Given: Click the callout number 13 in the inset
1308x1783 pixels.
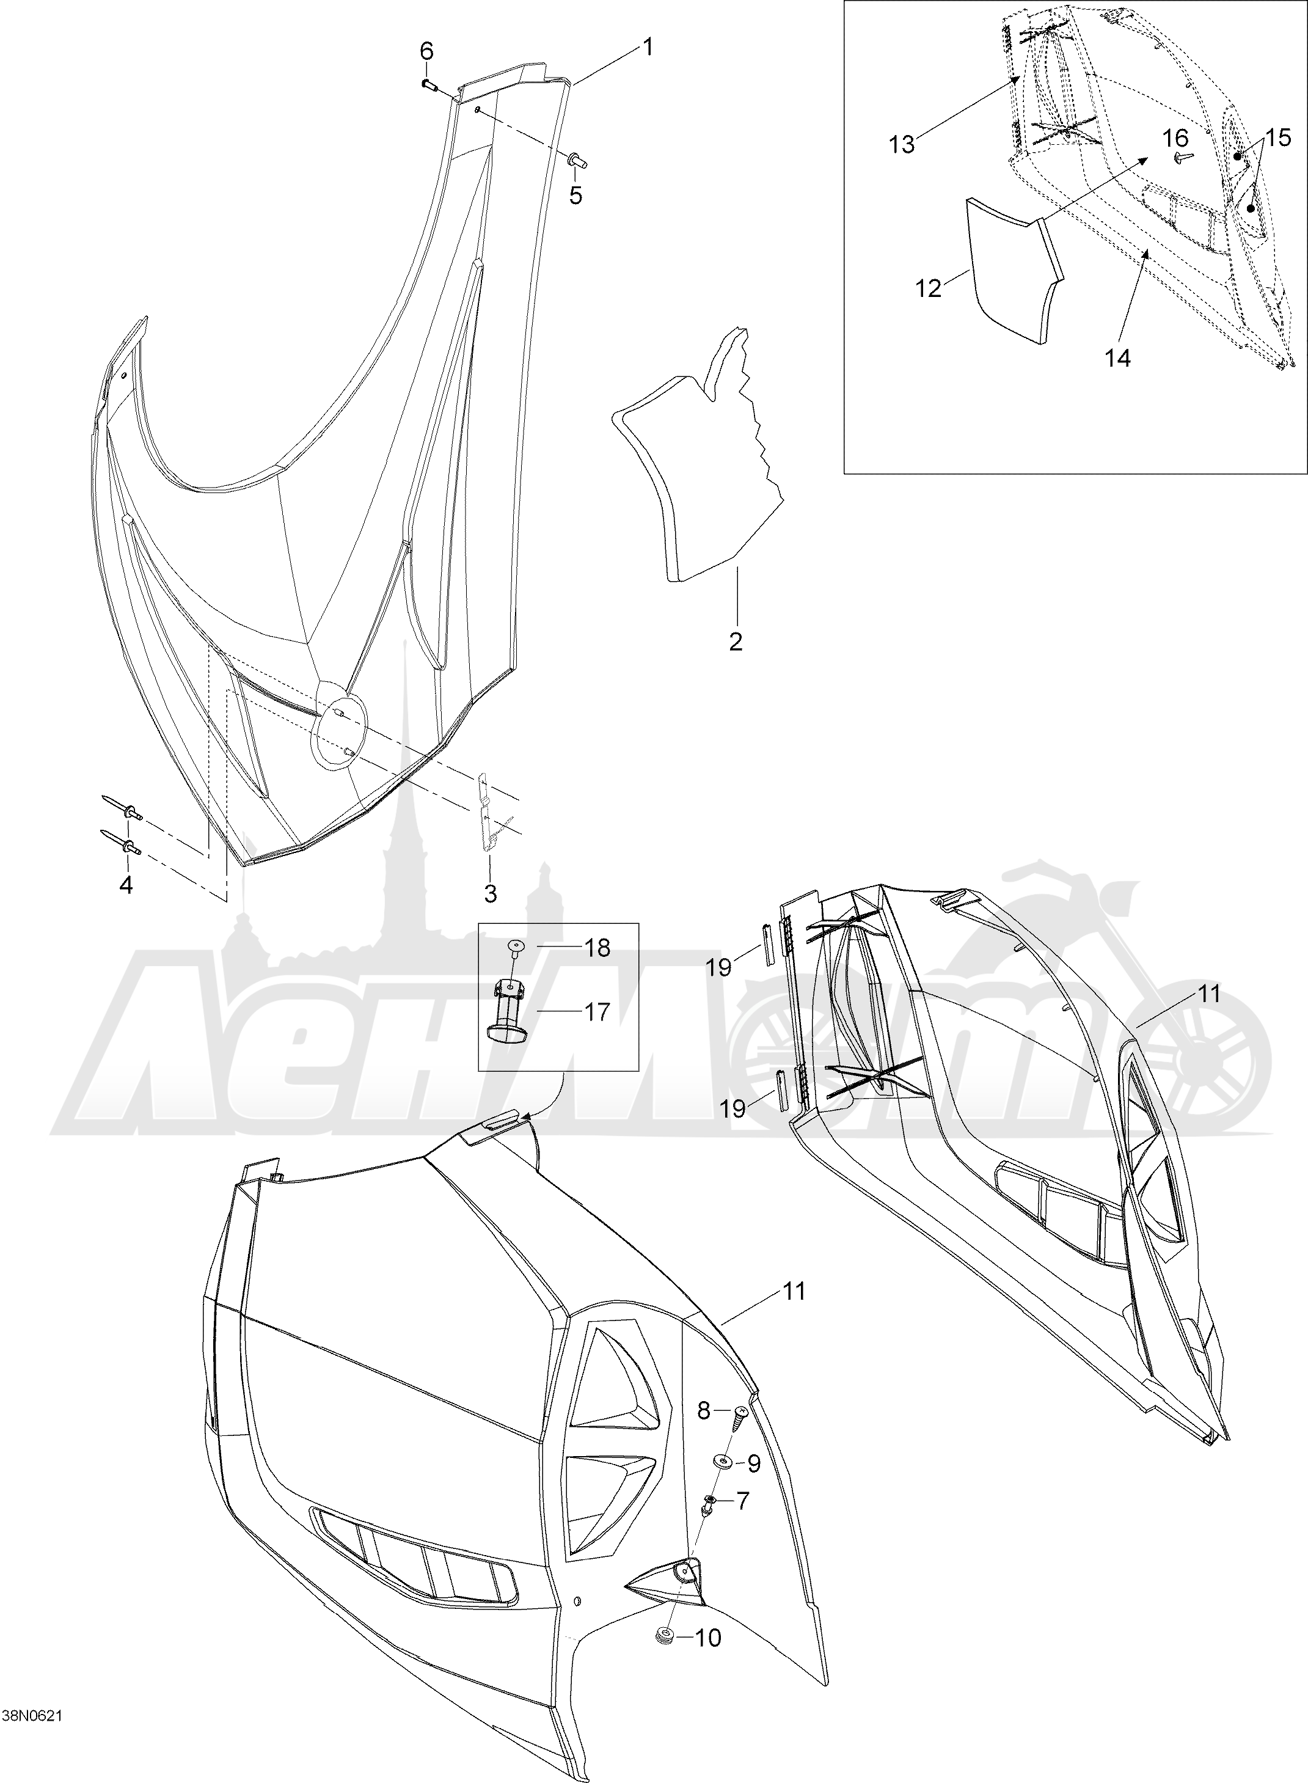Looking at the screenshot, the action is click(902, 145).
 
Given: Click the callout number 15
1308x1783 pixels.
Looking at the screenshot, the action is click(1278, 137).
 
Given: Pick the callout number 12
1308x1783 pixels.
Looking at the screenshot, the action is click(929, 289).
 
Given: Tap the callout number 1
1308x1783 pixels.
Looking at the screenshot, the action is click(647, 48).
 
